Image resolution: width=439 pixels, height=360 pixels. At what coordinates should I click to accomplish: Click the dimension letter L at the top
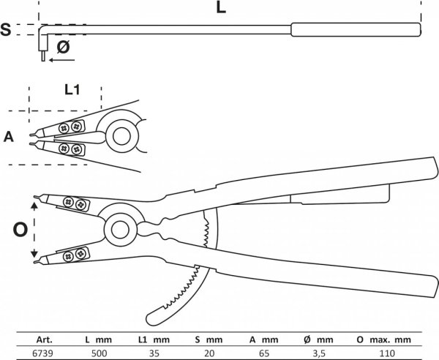pos(221,8)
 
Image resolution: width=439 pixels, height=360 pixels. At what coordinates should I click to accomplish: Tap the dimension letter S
pos(6,30)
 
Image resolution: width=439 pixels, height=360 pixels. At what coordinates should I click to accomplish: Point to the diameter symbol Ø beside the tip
pos(63,47)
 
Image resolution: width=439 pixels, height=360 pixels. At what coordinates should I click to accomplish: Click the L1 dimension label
pos(72,90)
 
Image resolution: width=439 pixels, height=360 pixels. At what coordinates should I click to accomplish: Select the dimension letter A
pos(9,137)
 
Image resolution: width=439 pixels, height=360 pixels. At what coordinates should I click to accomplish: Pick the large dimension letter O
pos(20,230)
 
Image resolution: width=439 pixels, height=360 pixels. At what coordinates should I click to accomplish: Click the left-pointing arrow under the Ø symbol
pos(62,60)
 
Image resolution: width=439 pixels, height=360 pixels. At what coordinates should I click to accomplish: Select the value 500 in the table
pos(99,353)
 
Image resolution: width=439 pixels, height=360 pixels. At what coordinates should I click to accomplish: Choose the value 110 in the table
pos(387,353)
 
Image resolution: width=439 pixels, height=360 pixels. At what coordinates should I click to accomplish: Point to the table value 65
pos(263,353)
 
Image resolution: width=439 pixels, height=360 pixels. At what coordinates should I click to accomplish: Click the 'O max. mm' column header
pos(384,340)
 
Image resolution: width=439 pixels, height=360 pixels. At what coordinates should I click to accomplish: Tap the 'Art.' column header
pos(44,340)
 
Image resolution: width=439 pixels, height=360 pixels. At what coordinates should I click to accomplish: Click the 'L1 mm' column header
pos(154,340)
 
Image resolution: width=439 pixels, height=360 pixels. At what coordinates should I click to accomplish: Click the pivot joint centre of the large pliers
pos(121,230)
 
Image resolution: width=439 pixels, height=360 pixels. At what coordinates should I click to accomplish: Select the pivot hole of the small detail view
pos(121,136)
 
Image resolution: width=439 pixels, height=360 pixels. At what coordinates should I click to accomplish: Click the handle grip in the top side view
pos(356,30)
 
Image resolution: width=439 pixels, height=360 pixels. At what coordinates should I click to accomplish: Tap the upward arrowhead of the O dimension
pos(34,206)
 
